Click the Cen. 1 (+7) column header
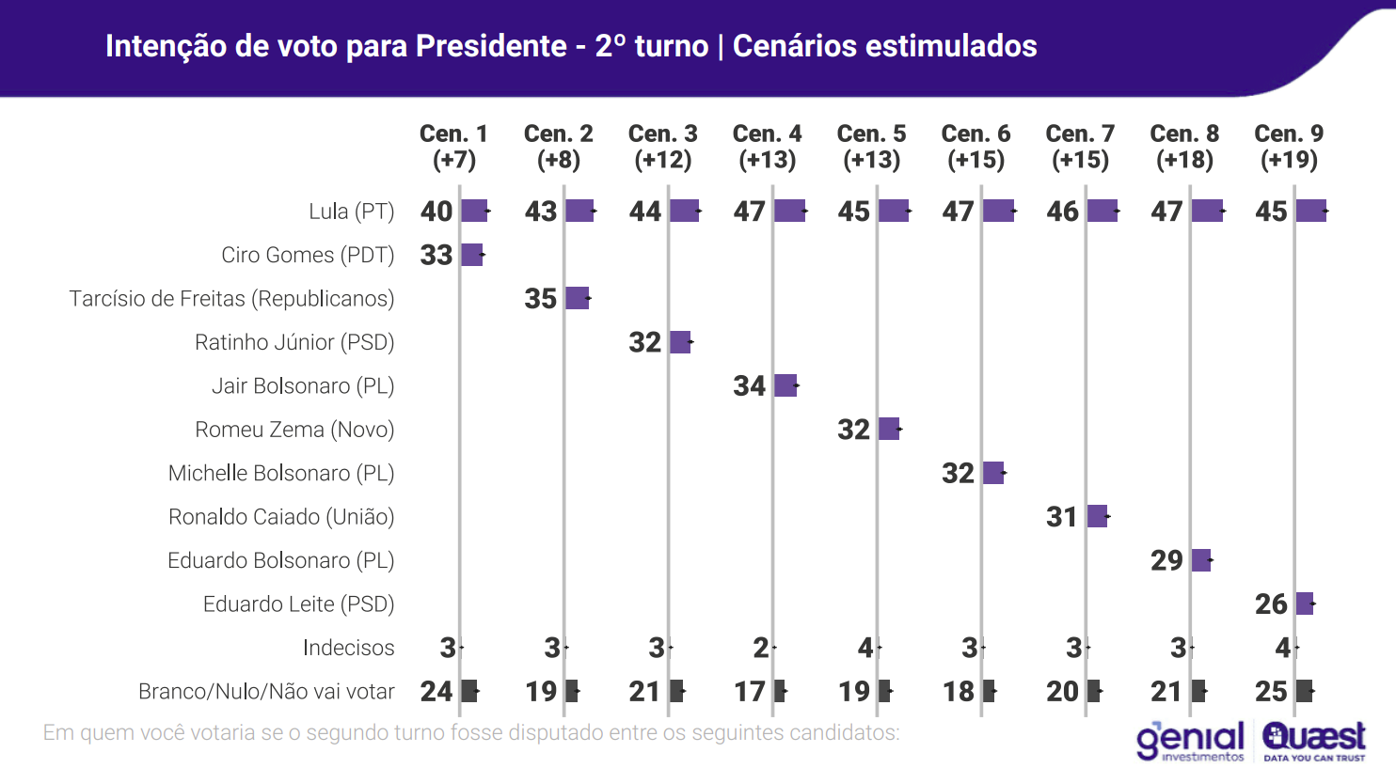click(x=453, y=147)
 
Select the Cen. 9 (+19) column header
click(x=1289, y=147)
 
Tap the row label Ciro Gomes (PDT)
click(x=308, y=255)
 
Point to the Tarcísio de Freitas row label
click(x=231, y=299)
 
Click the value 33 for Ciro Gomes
click(x=436, y=255)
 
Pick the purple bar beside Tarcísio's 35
click(x=578, y=299)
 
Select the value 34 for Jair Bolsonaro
click(x=750, y=385)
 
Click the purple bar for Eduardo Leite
click(x=1304, y=603)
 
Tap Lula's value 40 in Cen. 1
click(x=436, y=212)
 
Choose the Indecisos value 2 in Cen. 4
click(x=760, y=648)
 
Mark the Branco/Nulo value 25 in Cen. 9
click(x=1271, y=692)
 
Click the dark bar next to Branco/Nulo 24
click(x=469, y=692)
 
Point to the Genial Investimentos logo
click(x=1190, y=741)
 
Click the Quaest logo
click(x=1314, y=741)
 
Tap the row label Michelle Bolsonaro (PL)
click(x=281, y=473)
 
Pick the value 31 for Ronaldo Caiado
click(x=1062, y=517)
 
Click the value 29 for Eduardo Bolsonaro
click(x=1166, y=560)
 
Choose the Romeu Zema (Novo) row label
click(x=294, y=430)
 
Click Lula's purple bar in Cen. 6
click(x=998, y=212)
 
